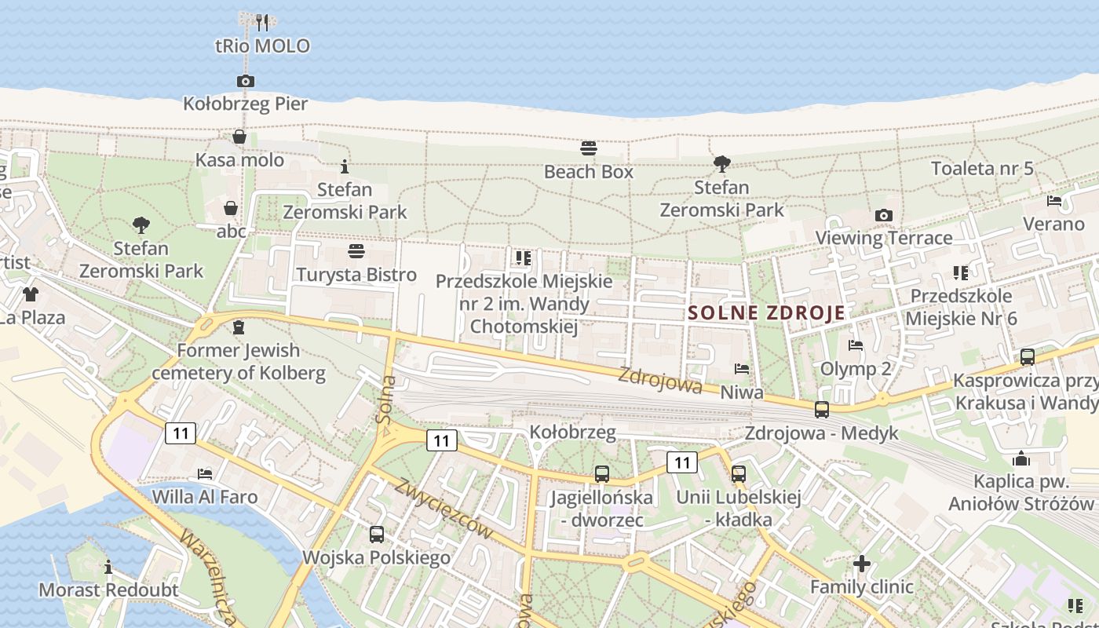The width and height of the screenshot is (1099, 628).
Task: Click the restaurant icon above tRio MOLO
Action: (x=262, y=22)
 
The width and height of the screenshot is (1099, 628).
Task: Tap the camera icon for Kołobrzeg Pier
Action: (x=246, y=81)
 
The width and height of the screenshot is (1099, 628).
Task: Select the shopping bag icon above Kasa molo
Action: (x=239, y=137)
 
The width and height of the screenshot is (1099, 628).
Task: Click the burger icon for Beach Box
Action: (x=589, y=148)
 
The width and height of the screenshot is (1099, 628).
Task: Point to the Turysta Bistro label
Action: (x=356, y=275)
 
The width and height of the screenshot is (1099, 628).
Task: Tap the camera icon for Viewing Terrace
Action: (x=884, y=215)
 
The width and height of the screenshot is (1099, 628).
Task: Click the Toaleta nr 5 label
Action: (x=982, y=168)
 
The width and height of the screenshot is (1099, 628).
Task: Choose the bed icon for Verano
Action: (x=1054, y=201)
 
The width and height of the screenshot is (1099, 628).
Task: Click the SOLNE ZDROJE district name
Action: (x=767, y=312)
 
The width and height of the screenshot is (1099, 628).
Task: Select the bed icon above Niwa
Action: (x=742, y=368)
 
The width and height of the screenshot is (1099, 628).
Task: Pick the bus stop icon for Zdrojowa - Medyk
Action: (x=822, y=409)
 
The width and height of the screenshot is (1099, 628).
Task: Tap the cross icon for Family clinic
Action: (x=862, y=564)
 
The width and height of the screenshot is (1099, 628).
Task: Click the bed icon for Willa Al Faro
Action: (x=205, y=473)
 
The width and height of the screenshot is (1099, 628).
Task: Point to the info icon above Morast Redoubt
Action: (x=108, y=567)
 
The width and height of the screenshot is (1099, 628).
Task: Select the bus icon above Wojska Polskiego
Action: (x=377, y=535)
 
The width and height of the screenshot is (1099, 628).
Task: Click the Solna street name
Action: (x=385, y=400)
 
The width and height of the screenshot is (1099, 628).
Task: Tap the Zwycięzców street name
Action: (x=445, y=508)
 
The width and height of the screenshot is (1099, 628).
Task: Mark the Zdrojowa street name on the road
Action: (x=660, y=380)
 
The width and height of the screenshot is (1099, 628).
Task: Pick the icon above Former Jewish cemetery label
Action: (x=239, y=327)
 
